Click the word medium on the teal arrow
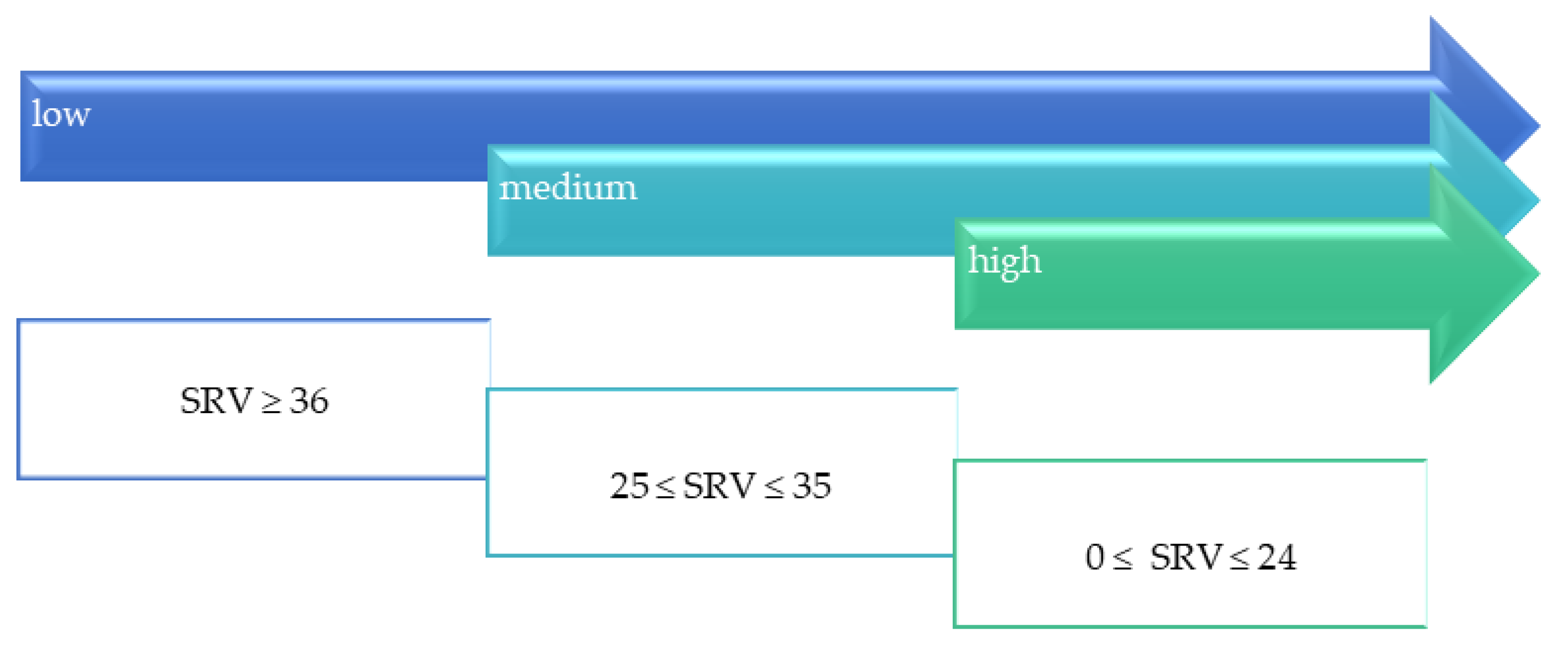pos(568,188)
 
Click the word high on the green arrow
pos(1004,262)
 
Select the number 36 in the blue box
pos(309,401)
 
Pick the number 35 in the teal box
pos(811,486)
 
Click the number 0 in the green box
pos(1094,557)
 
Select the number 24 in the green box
pos(1277,557)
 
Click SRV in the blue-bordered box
pos(216,401)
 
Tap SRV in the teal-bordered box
pos(718,486)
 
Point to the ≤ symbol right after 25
pos(665,488)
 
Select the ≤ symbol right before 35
pos(774,488)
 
